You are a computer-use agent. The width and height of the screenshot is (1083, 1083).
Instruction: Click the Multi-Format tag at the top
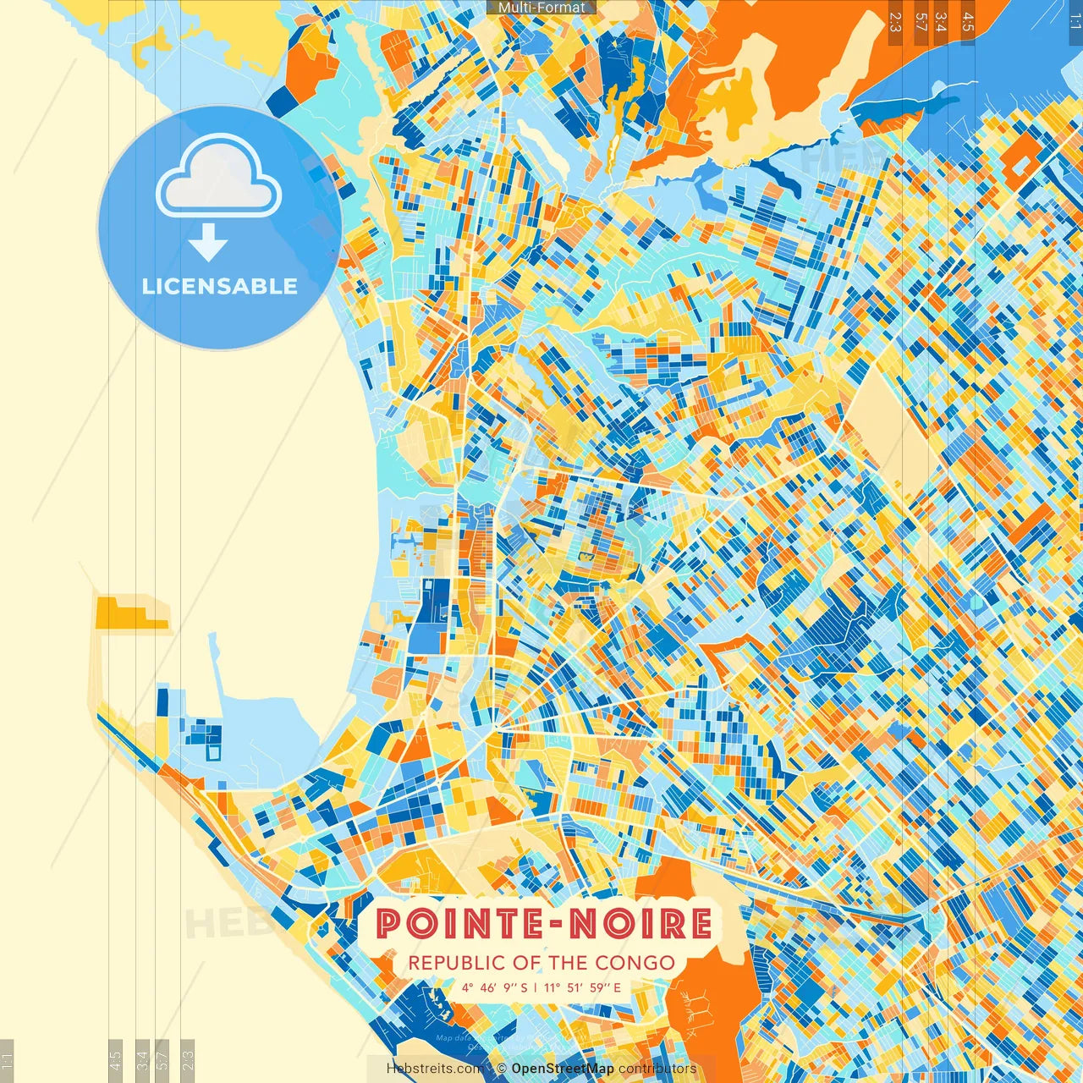click(541, 8)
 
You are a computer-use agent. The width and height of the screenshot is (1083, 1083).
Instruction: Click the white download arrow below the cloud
click(208, 243)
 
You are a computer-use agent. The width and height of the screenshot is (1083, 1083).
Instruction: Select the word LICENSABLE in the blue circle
click(220, 286)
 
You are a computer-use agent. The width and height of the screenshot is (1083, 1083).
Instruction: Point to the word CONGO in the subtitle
click(635, 963)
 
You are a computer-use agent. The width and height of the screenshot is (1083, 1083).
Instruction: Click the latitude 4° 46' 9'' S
click(494, 987)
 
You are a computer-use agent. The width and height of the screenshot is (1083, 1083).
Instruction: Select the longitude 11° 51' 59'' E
click(582, 987)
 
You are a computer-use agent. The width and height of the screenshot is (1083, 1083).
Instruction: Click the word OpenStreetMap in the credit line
click(562, 1069)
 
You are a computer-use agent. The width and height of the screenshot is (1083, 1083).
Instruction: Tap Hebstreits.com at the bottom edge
click(437, 1069)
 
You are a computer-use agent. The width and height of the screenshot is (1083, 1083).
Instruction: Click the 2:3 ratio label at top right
click(894, 22)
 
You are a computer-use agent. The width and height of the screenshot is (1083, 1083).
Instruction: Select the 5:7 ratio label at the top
click(921, 22)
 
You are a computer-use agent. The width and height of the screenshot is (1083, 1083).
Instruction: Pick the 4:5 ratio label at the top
click(967, 22)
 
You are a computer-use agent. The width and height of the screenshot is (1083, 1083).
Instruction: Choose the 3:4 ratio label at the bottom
click(142, 1058)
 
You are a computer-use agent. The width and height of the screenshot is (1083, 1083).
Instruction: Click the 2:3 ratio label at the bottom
click(188, 1058)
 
